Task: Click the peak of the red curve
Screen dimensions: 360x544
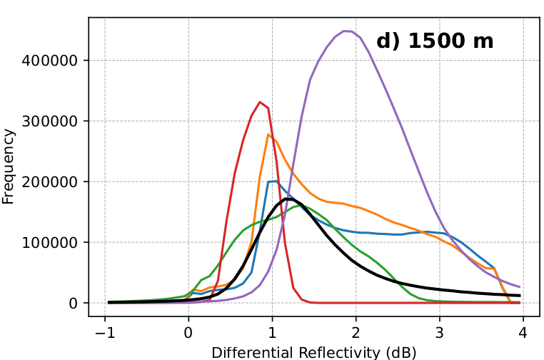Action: pos(260,101)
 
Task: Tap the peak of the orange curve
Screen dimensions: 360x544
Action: pos(268,134)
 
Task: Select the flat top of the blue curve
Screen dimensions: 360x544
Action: pos(272,181)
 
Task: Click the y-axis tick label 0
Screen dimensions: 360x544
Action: pos(74,304)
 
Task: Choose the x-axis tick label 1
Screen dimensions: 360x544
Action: pos(272,332)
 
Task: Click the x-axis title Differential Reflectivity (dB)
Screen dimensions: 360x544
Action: pos(314,352)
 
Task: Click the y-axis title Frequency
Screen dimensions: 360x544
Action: pos(9,166)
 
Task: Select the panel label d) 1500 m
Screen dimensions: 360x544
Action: pos(435,41)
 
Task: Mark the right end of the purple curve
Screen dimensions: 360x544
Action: pos(520,286)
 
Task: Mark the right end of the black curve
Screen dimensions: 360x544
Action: pos(520,295)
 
